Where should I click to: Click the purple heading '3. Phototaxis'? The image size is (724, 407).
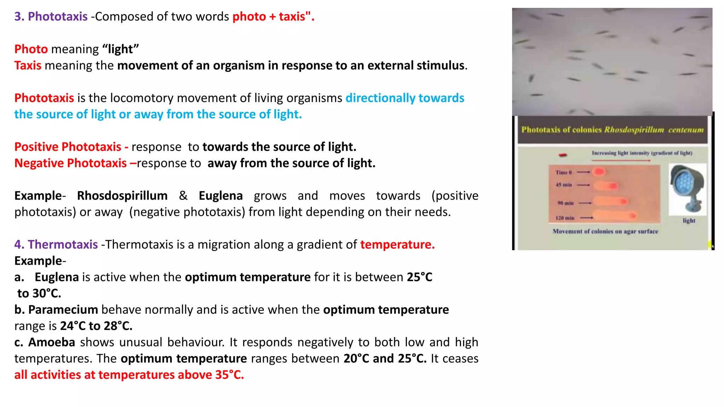(51, 17)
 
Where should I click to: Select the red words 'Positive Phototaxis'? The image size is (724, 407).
(68, 147)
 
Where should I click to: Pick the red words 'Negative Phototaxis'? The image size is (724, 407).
(70, 163)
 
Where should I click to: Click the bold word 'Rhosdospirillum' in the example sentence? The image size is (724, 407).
(122, 196)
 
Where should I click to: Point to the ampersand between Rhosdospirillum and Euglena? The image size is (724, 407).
(183, 196)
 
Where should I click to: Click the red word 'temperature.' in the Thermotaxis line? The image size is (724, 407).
(397, 244)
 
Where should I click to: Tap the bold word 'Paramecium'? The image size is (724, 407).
(63, 310)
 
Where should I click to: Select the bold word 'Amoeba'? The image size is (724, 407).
(52, 342)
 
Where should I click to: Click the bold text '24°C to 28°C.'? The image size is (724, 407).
(96, 326)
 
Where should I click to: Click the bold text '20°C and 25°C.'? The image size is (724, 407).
(385, 359)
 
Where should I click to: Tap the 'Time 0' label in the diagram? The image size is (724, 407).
(564, 172)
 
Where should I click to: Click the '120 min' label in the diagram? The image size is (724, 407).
(565, 218)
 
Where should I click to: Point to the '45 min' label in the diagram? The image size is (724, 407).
(564, 185)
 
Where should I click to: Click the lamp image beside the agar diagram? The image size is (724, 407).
(687, 189)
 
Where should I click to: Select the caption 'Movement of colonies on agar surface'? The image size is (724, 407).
(605, 231)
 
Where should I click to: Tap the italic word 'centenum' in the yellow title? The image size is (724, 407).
(685, 130)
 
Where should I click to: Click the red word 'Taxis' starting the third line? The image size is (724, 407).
(28, 66)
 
